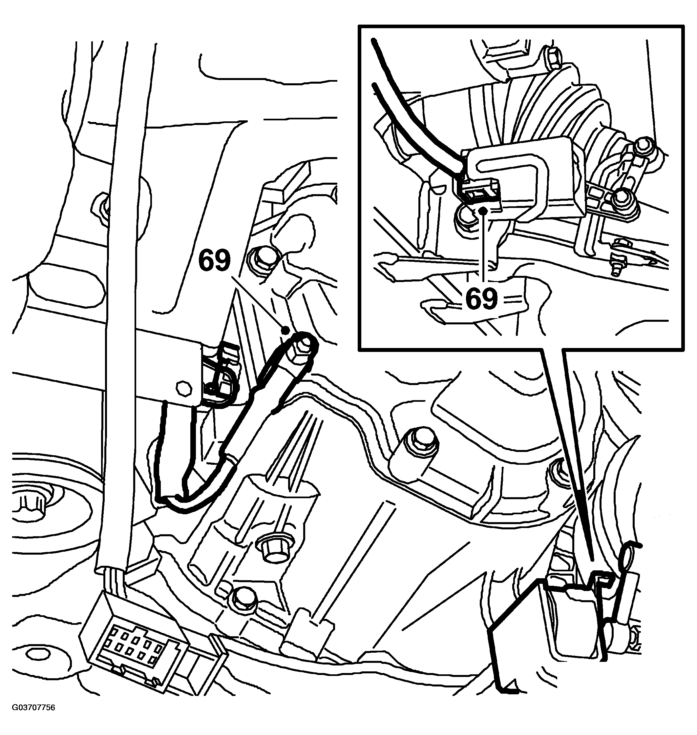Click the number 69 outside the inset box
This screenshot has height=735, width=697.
pos(215,261)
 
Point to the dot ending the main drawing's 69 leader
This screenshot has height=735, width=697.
pos(285,330)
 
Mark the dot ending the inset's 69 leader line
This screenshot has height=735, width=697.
pos(483,211)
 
